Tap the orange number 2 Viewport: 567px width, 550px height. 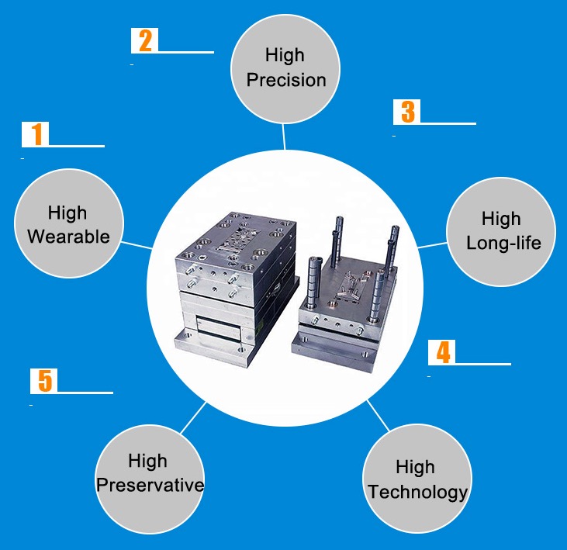tap(144, 40)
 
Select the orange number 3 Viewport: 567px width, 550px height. tap(406, 112)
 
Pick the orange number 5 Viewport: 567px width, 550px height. tap(45, 381)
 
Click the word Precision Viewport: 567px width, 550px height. tap(286, 80)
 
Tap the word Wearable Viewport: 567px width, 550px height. tap(68, 237)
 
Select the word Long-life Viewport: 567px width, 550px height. tap(503, 243)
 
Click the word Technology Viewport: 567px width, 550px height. tap(417, 491)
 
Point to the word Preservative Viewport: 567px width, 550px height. tap(150, 486)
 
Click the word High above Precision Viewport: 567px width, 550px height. tap(285, 55)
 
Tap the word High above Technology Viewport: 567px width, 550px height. tap(415, 467)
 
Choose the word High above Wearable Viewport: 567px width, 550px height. tap(67, 213)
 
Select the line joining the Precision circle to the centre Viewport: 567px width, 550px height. tap(284, 138)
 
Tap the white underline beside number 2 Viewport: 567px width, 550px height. tap(186, 52)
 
